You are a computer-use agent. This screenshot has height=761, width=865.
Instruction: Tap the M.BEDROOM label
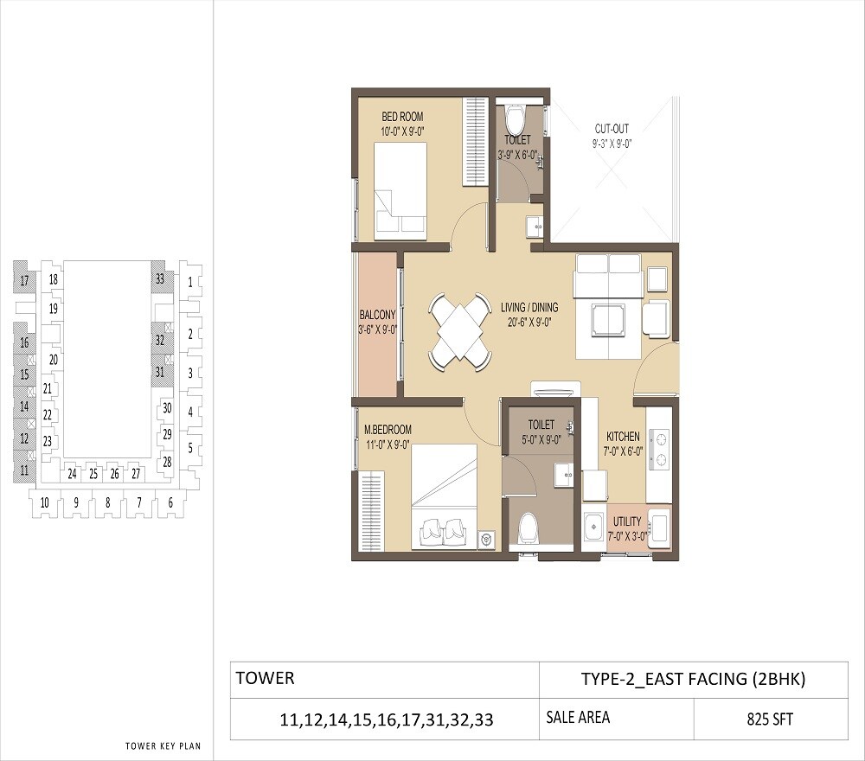pyautogui.click(x=388, y=429)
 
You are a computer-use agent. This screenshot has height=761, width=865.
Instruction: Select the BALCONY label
pyautogui.click(x=377, y=315)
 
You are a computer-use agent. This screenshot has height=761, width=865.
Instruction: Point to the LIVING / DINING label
pyautogui.click(x=529, y=307)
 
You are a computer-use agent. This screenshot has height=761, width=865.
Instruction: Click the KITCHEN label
pyautogui.click(x=623, y=437)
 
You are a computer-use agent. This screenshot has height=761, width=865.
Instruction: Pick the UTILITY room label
pyautogui.click(x=627, y=521)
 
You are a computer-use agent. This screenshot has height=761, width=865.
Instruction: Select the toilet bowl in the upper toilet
pyautogui.click(x=516, y=118)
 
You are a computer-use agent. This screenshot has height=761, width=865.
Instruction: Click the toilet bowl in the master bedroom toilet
pyautogui.click(x=526, y=530)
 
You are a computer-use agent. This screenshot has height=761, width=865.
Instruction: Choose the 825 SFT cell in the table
pyautogui.click(x=770, y=719)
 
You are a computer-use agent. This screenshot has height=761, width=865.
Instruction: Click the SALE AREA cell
pyautogui.click(x=578, y=717)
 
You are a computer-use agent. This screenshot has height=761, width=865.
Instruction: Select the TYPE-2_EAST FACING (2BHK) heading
pyautogui.click(x=693, y=680)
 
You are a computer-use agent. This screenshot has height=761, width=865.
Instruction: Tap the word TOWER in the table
pyautogui.click(x=265, y=678)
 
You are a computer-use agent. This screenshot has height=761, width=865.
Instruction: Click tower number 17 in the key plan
pyautogui.click(x=25, y=280)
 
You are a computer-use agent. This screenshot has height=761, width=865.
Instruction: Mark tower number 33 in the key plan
pyautogui.click(x=159, y=278)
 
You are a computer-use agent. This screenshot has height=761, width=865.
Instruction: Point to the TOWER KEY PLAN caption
pyautogui.click(x=163, y=745)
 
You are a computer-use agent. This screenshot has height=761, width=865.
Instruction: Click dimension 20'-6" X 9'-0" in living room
pyautogui.click(x=529, y=321)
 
